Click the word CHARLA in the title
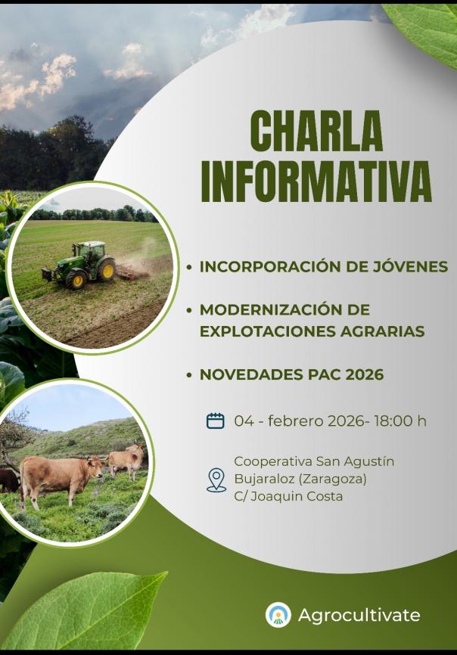coord(316,131)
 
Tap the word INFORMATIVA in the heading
coord(316,182)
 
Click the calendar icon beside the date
coord(216,421)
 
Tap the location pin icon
coord(216,480)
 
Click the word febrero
coord(296,421)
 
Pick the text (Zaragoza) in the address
coord(334,479)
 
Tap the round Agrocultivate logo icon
coord(278,614)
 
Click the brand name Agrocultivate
coord(359,615)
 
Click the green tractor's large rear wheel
coord(106,269)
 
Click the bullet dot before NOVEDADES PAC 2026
coord(190,374)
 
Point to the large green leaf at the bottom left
coord(83,610)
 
